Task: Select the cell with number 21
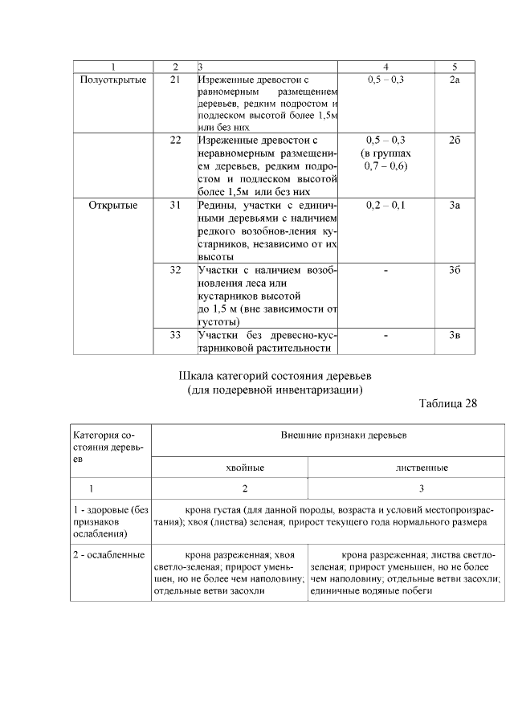(175, 80)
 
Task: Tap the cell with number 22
(175, 141)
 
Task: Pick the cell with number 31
(175, 206)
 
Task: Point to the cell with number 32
(175, 270)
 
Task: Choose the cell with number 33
(175, 335)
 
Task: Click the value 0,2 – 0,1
(385, 206)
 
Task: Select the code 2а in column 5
(455, 80)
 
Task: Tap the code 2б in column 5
(455, 141)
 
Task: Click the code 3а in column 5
(455, 206)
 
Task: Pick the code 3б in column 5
(455, 270)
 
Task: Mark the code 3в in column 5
(455, 335)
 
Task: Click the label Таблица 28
(447, 403)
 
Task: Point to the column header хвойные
(230, 467)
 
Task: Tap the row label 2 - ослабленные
(108, 554)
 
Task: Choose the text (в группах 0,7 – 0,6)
(385, 160)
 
